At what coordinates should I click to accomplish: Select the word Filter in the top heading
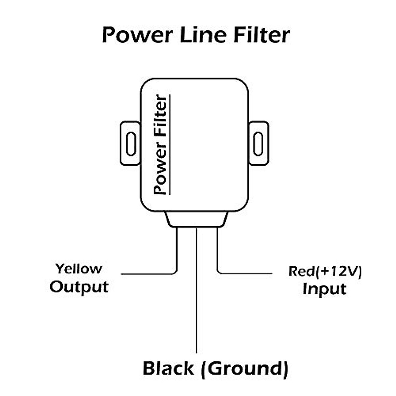(262, 34)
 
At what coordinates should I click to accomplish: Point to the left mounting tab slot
(131, 144)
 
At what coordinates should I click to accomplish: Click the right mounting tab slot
(258, 144)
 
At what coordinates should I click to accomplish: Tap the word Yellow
(79, 269)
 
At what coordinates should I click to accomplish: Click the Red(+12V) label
(325, 271)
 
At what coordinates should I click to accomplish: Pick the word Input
(324, 289)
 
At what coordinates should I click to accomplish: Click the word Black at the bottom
(168, 368)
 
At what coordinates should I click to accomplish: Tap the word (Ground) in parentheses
(247, 368)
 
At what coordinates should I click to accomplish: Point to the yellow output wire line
(148, 274)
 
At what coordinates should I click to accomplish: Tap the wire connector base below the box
(197, 219)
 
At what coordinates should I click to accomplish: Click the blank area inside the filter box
(211, 145)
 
